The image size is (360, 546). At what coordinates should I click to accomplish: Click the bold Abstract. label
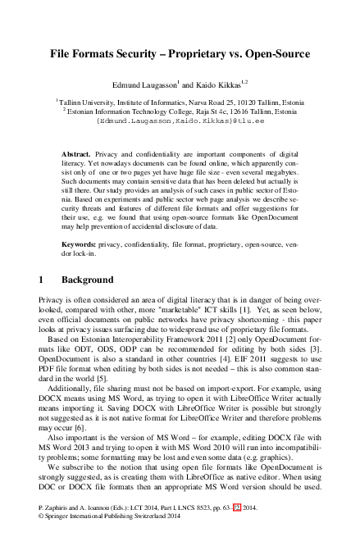click(78, 154)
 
